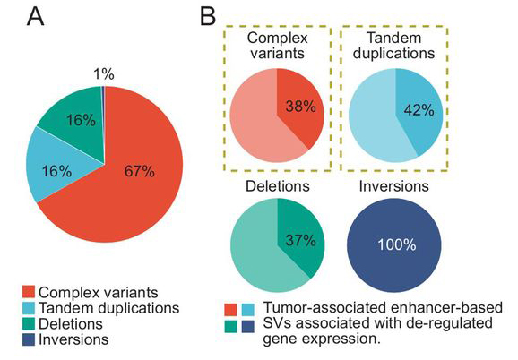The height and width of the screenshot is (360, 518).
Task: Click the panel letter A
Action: pyautogui.click(x=35, y=16)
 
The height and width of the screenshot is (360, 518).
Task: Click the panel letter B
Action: pyautogui.click(x=208, y=16)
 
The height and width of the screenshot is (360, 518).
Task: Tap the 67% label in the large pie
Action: pyautogui.click(x=140, y=172)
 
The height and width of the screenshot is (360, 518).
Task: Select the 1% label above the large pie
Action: pyautogui.click(x=104, y=74)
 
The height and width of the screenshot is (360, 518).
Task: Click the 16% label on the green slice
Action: pyautogui.click(x=81, y=120)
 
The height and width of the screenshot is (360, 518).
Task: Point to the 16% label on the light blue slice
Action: pyautogui.click(x=56, y=171)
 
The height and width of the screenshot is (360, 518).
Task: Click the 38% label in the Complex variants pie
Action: pyautogui.click(x=300, y=107)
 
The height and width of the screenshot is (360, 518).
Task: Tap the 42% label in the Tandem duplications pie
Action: pyautogui.click(x=419, y=110)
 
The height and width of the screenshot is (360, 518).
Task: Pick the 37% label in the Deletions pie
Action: pyautogui.click(x=300, y=240)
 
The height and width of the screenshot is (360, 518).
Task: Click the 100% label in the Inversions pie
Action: pyautogui.click(x=396, y=244)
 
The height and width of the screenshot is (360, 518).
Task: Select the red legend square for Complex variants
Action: pyautogui.click(x=29, y=292)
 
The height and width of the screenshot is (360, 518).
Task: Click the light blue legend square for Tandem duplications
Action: pyautogui.click(x=29, y=307)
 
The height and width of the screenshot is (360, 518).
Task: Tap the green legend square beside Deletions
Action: pyautogui.click(x=29, y=323)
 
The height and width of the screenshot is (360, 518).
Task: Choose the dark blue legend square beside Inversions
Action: pyautogui.click(x=29, y=339)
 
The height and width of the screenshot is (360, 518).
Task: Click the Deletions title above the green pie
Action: pyautogui.click(x=278, y=186)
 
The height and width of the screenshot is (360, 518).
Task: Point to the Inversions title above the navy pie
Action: pyautogui.click(x=393, y=186)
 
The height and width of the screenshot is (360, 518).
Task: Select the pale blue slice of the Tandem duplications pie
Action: pyautogui.click(x=372, y=122)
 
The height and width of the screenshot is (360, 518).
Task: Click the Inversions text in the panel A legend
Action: pyautogui.click(x=73, y=339)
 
